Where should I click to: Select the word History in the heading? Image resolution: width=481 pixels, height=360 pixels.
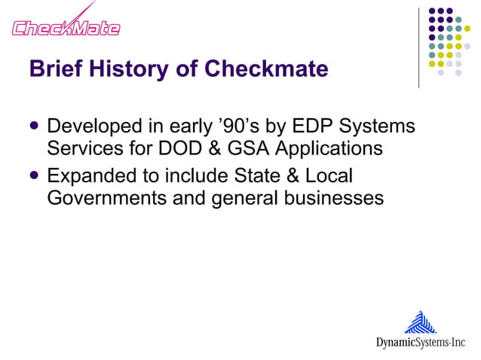click(130, 69)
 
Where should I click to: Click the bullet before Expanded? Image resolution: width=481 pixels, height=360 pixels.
click(35, 176)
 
